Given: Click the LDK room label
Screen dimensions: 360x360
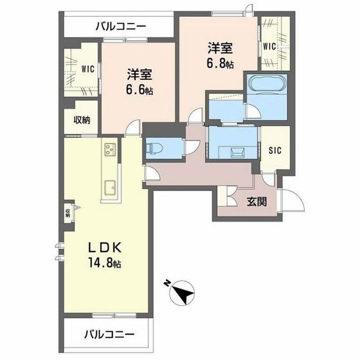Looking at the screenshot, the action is point(105,248).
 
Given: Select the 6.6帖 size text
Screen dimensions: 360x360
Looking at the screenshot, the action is point(139,89).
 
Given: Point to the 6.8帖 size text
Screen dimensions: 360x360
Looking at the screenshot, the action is point(220,63).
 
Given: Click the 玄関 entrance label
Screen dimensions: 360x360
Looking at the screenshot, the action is point(257,202).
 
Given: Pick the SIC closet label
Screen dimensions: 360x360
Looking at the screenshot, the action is point(275,151).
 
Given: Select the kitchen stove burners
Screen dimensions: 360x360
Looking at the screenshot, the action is point(110,149).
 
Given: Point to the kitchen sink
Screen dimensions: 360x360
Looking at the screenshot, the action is point(110,187).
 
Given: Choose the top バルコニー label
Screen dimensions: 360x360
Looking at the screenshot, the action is point(121,26).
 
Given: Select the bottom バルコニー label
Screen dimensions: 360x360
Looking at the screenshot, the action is point(109,334).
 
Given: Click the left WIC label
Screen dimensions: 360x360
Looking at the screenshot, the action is point(88,69).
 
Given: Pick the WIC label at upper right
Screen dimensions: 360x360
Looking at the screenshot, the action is point(269,47).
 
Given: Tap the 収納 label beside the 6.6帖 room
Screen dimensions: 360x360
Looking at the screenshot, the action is point(82,120).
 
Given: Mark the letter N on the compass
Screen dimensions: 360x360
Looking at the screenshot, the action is point(167,282).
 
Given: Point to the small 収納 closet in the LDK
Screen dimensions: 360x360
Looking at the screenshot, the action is point(68,213).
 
